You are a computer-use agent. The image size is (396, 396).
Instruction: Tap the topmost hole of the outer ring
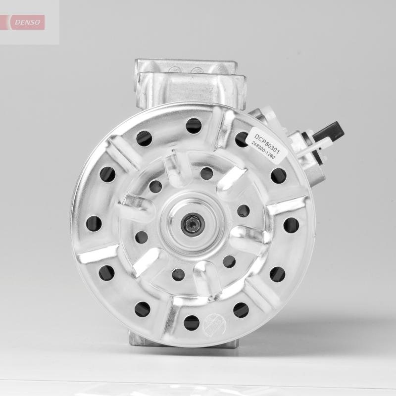pos(194,125)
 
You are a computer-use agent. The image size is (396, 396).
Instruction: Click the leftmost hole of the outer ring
pos(94,224)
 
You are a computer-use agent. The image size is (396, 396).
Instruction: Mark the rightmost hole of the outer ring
pos(291,225)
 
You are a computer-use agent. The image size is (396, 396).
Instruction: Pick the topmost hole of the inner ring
pos(206,173)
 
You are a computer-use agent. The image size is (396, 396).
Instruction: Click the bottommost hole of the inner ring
pos(178,273)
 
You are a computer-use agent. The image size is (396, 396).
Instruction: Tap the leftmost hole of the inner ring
pos(142,237)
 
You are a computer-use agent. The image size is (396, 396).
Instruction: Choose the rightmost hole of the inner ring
pos(244,211)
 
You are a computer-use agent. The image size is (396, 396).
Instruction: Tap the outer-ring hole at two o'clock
pos(278,175)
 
